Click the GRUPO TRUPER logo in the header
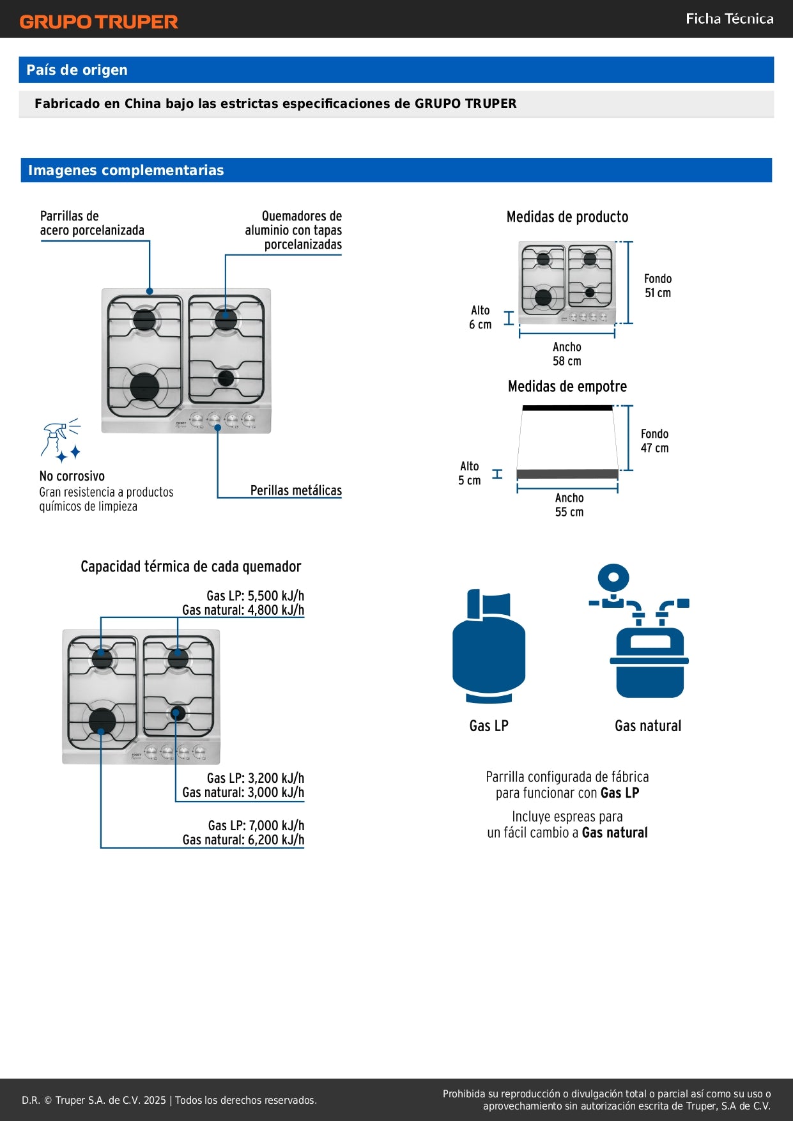(98, 22)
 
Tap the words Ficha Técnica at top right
(729, 19)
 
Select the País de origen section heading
(77, 70)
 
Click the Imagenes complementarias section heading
(126, 171)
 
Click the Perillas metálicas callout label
(296, 491)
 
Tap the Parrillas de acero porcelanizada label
(91, 223)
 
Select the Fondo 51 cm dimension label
(658, 286)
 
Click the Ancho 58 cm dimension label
(567, 354)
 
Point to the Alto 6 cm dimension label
(480, 318)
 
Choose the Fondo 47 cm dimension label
(654, 441)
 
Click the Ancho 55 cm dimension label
(569, 505)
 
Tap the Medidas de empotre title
(567, 387)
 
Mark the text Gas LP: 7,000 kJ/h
(256, 826)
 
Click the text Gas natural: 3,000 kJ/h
(243, 792)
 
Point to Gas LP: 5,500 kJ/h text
(255, 596)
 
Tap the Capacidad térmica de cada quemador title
(190, 567)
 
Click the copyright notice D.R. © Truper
(169, 1100)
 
